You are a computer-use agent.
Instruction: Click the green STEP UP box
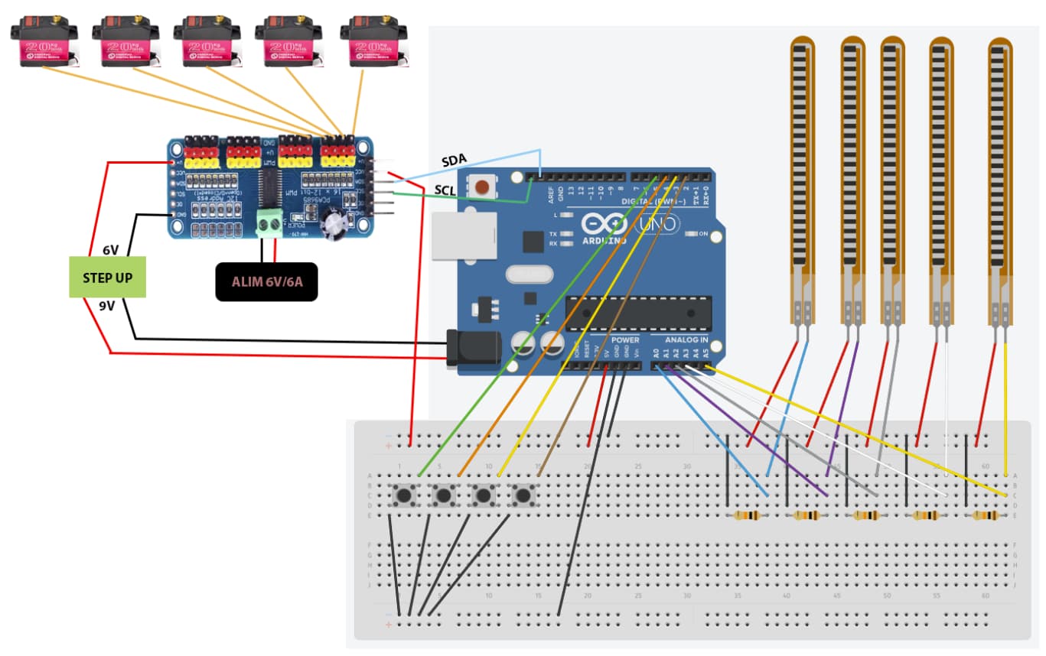(107, 277)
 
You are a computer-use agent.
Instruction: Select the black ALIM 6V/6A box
(266, 281)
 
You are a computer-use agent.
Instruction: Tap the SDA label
(454, 161)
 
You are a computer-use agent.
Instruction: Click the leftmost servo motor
(44, 43)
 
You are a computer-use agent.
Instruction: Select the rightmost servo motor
(373, 43)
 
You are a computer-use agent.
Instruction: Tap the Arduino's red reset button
(483, 187)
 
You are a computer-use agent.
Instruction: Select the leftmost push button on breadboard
(404, 495)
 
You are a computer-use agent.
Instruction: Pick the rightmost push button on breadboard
(523, 495)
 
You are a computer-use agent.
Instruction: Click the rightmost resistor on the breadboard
(984, 516)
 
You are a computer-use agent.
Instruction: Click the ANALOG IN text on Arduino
(686, 339)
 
